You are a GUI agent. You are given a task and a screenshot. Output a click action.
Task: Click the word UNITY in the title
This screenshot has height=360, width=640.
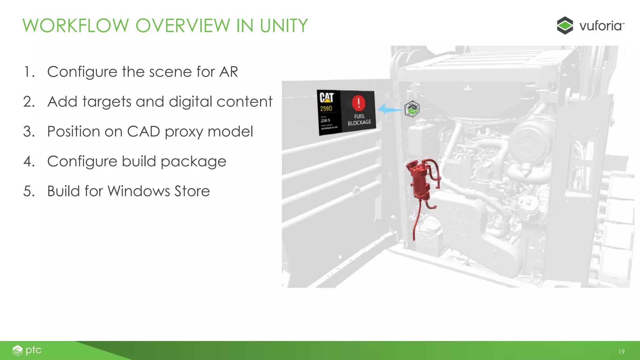tap(284, 26)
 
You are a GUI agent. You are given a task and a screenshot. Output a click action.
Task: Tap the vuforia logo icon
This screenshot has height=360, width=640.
tap(565, 25)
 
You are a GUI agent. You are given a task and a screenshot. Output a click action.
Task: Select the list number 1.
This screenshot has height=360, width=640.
tap(29, 72)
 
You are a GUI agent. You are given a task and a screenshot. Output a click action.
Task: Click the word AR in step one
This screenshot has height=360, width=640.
tap(228, 72)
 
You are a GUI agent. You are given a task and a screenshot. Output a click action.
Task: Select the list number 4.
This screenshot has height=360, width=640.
tap(29, 162)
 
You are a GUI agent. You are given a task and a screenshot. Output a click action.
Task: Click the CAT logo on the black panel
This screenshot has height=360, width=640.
tap(327, 97)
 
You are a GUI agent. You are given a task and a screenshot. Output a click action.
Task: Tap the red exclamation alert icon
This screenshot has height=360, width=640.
tap(358, 103)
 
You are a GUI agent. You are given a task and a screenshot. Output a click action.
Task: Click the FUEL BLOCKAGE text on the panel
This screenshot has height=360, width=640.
tap(359, 119)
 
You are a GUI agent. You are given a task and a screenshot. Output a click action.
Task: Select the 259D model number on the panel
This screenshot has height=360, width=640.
tap(326, 109)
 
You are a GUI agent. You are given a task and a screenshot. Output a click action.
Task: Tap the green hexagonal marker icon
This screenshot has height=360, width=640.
tap(412, 109)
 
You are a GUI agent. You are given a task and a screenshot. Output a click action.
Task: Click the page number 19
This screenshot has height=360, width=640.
tap(621, 352)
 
